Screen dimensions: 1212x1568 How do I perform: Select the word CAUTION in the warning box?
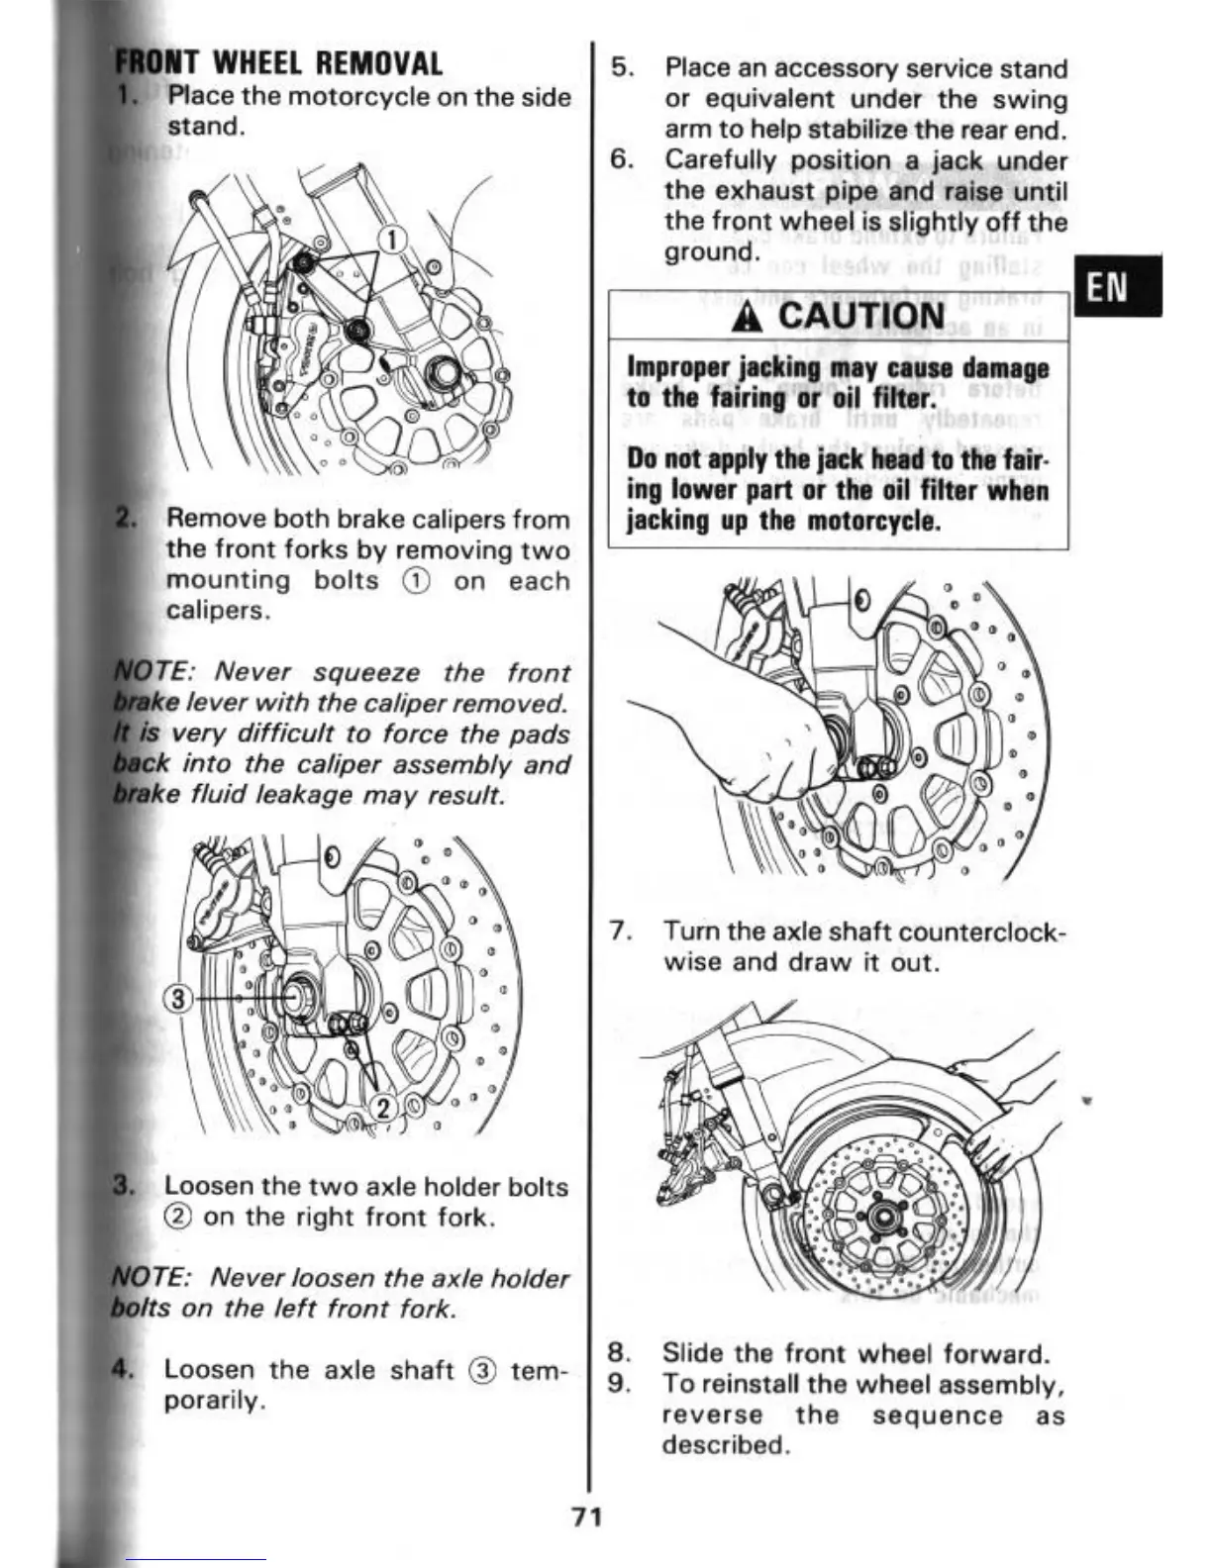[860, 316]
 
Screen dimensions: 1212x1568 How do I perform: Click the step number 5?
[621, 68]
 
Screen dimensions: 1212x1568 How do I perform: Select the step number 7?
[621, 931]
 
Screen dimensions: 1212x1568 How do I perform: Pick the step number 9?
[620, 1383]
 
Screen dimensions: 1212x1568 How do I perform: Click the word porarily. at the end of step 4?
[214, 1401]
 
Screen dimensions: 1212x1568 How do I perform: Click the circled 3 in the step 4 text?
[482, 1371]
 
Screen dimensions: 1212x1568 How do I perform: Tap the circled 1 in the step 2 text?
[416, 581]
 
